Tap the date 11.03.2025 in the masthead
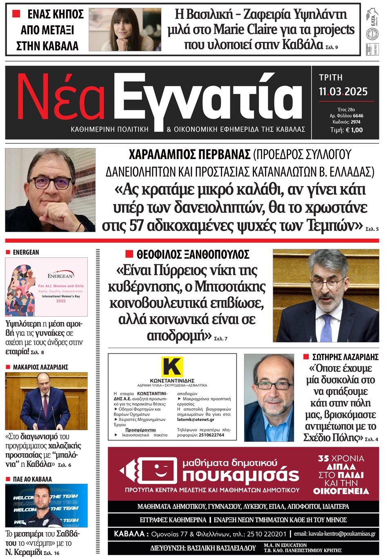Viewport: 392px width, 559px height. pos(343,92)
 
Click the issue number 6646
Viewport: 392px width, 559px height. pos(358,116)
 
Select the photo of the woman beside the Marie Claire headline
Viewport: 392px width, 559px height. pos(125,29)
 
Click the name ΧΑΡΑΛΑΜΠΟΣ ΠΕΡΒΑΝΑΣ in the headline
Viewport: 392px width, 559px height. pos(189,155)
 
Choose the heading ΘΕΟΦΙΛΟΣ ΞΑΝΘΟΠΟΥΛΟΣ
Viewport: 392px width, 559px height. pos(193,255)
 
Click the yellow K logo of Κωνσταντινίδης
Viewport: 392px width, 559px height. pos(172,366)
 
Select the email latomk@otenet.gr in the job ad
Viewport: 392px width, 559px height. pos(196,419)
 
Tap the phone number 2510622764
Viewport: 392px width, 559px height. pos(211,435)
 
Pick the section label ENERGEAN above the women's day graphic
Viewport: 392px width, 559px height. pos(26,253)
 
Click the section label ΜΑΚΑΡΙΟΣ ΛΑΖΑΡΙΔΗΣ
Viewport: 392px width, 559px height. pos(40,367)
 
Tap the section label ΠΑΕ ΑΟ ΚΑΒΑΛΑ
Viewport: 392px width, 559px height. pos(32,479)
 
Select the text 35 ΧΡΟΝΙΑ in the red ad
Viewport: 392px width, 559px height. pos(341,459)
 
